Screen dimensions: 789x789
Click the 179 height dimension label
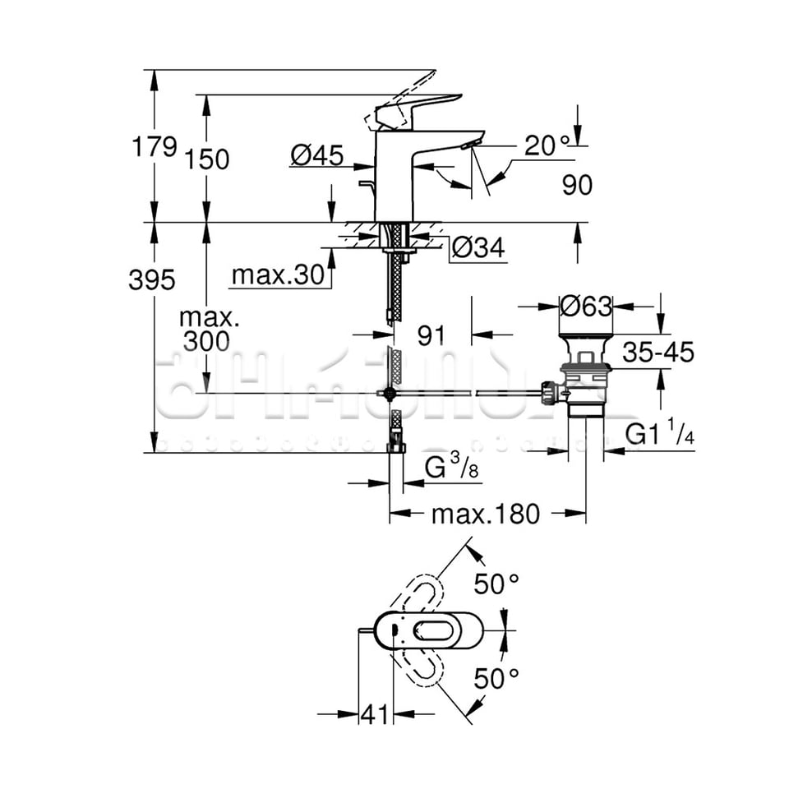click(x=155, y=147)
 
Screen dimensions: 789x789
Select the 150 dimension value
click(x=207, y=159)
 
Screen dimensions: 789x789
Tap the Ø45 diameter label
click(x=316, y=155)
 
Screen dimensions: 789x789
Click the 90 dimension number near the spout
click(x=577, y=185)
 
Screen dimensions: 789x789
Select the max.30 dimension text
click(x=278, y=275)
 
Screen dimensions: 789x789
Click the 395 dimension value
click(x=152, y=280)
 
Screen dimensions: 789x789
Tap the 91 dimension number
click(x=431, y=335)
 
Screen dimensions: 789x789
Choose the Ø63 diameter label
click(x=585, y=307)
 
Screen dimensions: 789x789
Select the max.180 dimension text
click(x=486, y=514)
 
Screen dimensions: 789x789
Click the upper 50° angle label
click(x=496, y=584)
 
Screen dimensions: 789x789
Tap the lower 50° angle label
click(x=496, y=678)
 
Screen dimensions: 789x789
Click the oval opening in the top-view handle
click(x=431, y=631)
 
